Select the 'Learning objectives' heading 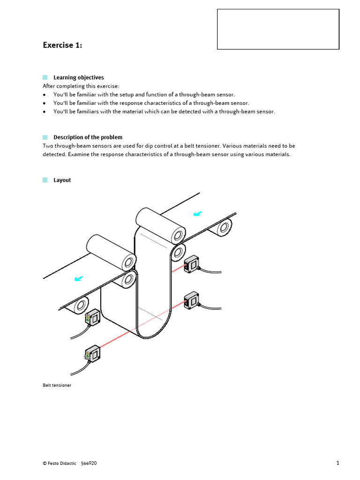pyautogui.click(x=78, y=77)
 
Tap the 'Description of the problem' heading pyautogui.click(x=88, y=137)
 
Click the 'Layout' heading pyautogui.click(x=62, y=180)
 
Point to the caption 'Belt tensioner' pyautogui.click(x=57, y=385)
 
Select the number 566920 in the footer pyautogui.click(x=89, y=463)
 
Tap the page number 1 pyautogui.click(x=337, y=463)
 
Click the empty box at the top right pyautogui.click(x=278, y=29)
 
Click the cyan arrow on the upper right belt pyautogui.click(x=198, y=214)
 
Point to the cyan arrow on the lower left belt pyautogui.click(x=79, y=279)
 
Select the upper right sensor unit pyautogui.click(x=192, y=264)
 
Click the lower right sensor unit pyautogui.click(x=192, y=300)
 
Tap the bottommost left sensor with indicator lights pyautogui.click(x=93, y=352)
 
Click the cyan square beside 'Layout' pyautogui.click(x=45, y=180)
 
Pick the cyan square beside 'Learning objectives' pyautogui.click(x=45, y=77)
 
